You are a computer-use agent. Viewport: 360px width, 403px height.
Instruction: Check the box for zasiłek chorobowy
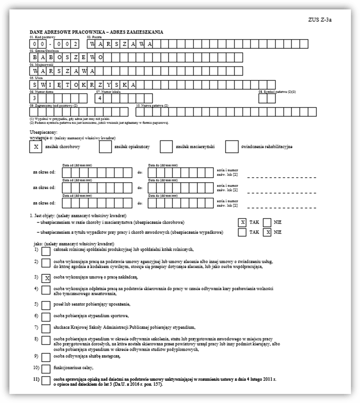click(35, 147)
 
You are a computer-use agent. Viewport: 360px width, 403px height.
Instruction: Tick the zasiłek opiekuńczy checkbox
click(105, 147)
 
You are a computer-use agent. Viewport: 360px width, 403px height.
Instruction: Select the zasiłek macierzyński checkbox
click(166, 147)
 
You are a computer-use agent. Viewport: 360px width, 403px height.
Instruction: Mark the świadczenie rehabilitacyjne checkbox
click(231, 147)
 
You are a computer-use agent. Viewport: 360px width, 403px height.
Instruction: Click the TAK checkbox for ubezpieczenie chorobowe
click(243, 222)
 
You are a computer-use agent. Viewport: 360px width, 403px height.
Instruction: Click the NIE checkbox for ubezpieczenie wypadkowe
click(267, 232)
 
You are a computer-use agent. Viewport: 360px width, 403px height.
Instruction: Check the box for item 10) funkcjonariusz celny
click(46, 369)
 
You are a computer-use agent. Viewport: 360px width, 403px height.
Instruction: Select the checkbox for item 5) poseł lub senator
click(46, 305)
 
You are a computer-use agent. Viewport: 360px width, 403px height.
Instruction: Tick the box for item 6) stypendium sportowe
click(46, 317)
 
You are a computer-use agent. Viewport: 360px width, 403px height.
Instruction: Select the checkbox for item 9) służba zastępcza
click(46, 356)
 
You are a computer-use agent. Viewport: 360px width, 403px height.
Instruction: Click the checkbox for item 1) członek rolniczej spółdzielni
click(46, 250)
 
